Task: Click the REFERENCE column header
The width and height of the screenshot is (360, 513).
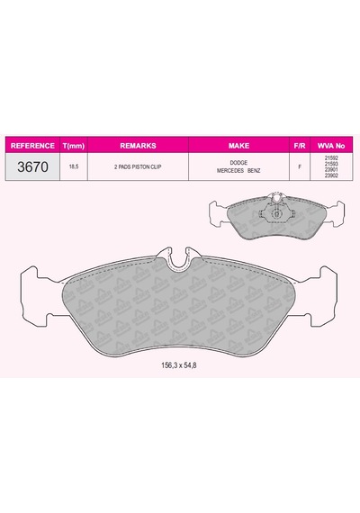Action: [32, 146]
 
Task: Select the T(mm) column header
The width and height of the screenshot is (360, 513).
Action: [74, 146]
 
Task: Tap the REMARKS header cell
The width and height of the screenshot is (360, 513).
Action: [138, 146]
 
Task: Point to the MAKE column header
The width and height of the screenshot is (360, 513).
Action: [238, 146]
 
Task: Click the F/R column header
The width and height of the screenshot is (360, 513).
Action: [300, 146]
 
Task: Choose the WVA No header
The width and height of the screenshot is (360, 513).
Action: [331, 146]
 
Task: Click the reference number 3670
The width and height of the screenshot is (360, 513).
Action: [32, 166]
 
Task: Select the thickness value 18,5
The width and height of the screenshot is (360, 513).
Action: [74, 166]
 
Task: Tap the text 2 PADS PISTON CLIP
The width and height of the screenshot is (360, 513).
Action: [138, 166]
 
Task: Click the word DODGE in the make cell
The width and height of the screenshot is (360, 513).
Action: [238, 163]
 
